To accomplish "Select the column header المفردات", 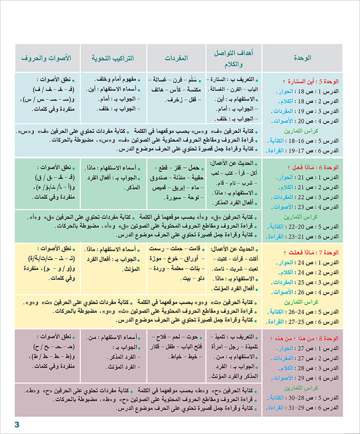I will coord(176,58).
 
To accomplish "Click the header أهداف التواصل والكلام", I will coord(234,58).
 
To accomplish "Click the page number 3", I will coord(16,424).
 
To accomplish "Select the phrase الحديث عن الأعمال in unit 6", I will coord(234,163).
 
